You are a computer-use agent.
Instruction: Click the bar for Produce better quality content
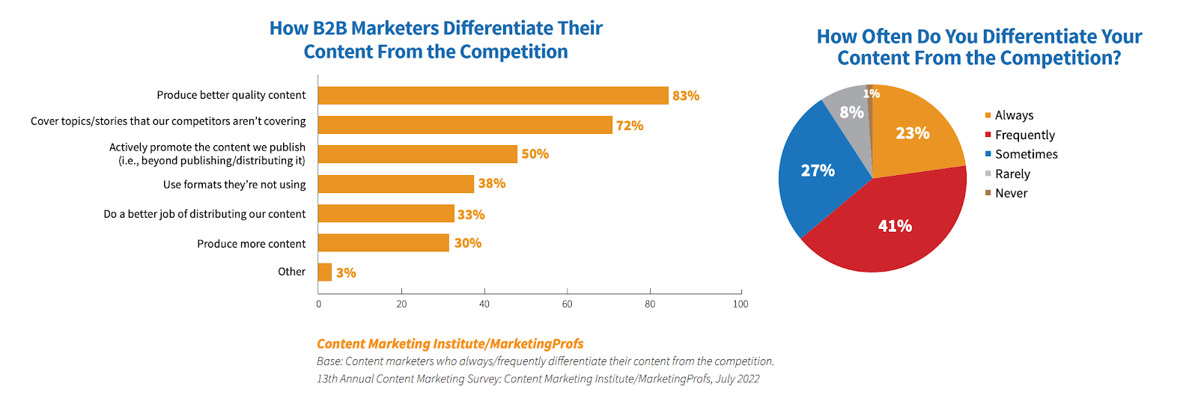(x=493, y=96)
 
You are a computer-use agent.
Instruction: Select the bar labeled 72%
(x=465, y=125)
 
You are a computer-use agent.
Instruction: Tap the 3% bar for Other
(x=325, y=272)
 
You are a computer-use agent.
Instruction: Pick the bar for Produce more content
(x=383, y=243)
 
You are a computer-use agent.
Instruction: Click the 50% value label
(x=535, y=154)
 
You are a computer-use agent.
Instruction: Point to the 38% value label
(x=492, y=183)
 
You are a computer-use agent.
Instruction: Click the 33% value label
(x=471, y=215)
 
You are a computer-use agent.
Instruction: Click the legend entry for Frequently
(x=1024, y=135)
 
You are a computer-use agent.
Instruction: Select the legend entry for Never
(x=1011, y=193)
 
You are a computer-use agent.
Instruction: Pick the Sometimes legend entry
(x=1026, y=154)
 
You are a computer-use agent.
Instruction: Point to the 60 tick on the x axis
(x=568, y=304)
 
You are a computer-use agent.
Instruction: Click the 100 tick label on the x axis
(x=741, y=304)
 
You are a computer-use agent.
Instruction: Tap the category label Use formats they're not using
(x=234, y=184)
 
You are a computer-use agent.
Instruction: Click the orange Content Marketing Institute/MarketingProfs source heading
(x=450, y=343)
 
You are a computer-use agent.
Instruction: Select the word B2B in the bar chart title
(x=330, y=28)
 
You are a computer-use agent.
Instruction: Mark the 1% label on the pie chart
(x=872, y=94)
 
